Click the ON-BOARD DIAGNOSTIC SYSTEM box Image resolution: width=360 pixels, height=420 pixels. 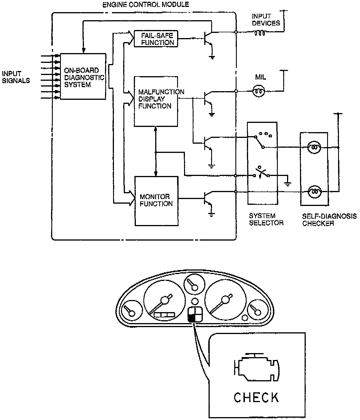(83, 76)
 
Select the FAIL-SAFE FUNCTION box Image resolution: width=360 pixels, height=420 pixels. (156, 39)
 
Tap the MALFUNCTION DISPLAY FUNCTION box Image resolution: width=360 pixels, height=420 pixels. (156, 101)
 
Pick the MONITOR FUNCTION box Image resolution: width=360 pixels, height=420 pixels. (156, 201)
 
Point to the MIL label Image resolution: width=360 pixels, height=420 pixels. (260, 77)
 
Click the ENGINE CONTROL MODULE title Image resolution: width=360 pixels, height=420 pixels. (146, 5)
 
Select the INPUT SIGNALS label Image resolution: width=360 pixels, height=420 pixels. (16, 77)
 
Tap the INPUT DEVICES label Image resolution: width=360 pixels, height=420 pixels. (266, 20)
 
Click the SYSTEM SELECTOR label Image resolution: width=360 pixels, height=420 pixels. (266, 219)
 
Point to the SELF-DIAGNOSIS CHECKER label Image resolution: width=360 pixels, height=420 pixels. (329, 220)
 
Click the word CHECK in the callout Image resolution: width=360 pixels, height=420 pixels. (256, 397)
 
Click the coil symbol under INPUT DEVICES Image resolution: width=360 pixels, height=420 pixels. (259, 34)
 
